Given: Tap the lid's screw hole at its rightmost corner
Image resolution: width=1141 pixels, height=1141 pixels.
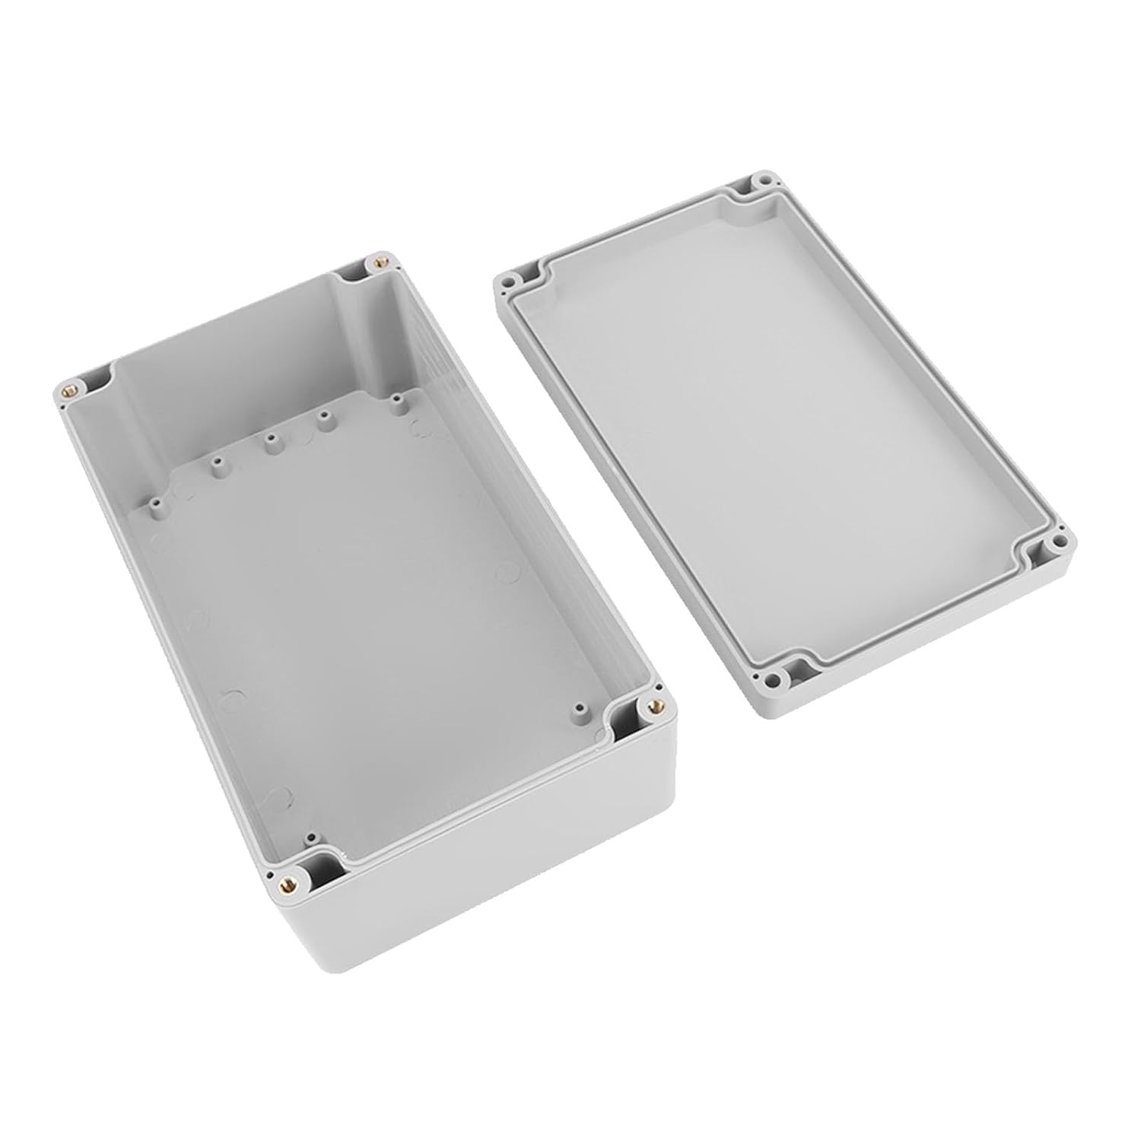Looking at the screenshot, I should tap(1058, 542).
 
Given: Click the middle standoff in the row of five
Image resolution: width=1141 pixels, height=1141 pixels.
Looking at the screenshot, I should tap(269, 440).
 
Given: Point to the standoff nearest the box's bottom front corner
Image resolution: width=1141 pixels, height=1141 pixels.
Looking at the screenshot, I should tap(310, 837).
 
